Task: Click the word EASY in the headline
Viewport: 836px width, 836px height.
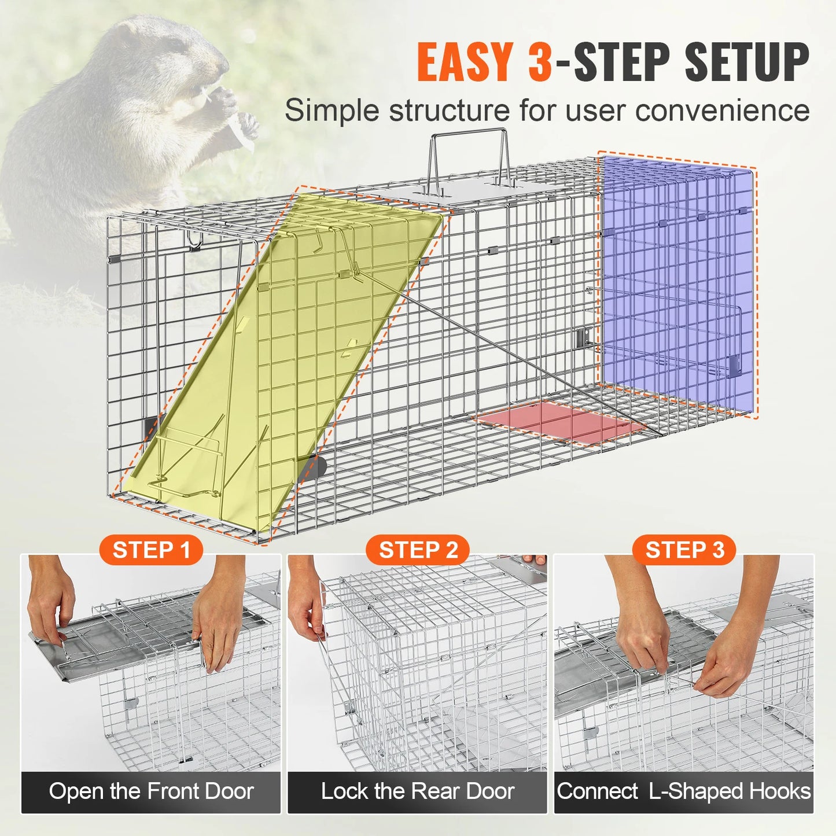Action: tap(465, 62)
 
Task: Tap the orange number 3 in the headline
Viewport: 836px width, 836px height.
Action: tap(540, 62)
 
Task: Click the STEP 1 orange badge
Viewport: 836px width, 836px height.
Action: tap(151, 550)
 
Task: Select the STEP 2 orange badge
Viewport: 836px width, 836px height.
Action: tap(418, 550)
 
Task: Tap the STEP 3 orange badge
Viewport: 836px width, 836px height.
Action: tap(684, 550)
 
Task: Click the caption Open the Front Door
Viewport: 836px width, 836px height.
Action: tap(151, 791)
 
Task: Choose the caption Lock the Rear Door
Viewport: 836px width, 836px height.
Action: tap(418, 791)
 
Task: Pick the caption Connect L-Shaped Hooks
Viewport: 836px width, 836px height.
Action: tap(684, 791)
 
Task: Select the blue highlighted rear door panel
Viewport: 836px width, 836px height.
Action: tap(677, 283)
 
